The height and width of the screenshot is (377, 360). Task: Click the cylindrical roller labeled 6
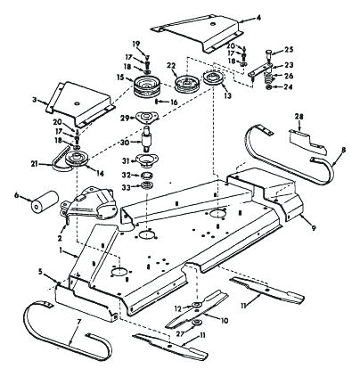pyautogui.click(x=45, y=201)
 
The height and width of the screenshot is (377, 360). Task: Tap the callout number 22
pyautogui.click(x=171, y=65)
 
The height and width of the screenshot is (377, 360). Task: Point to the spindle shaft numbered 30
pyautogui.click(x=147, y=138)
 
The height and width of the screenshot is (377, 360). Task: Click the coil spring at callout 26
pyautogui.click(x=268, y=78)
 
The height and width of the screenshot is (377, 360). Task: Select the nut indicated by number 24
pyautogui.click(x=268, y=87)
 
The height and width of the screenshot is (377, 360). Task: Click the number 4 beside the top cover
pyautogui.click(x=258, y=18)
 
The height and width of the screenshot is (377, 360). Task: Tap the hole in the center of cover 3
pyautogui.click(x=77, y=103)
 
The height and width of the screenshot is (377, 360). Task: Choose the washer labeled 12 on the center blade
pyautogui.click(x=196, y=305)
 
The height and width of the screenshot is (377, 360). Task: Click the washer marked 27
pyautogui.click(x=196, y=322)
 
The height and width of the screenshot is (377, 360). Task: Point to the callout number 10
pyautogui.click(x=225, y=321)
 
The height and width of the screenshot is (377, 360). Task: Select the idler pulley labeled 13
pyautogui.click(x=214, y=78)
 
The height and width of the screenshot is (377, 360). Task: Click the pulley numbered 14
pyautogui.click(x=78, y=159)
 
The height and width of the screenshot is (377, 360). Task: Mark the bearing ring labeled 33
pyautogui.click(x=147, y=186)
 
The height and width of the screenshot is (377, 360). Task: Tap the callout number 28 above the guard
pyautogui.click(x=299, y=117)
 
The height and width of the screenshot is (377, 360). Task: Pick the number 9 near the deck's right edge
pyautogui.click(x=314, y=228)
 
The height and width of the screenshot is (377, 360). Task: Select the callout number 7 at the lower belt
pyautogui.click(x=78, y=322)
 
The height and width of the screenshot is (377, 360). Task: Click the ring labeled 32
pyautogui.click(x=147, y=175)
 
